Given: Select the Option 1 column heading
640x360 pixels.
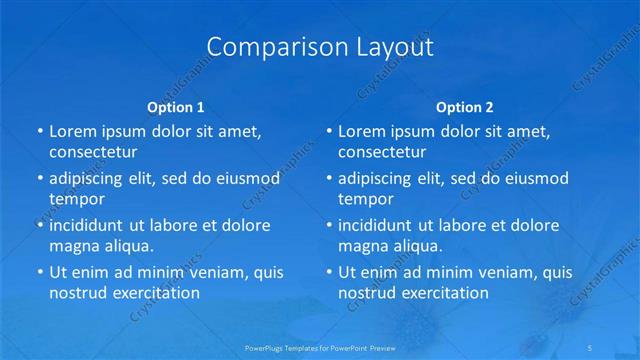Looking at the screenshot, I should pos(176,107).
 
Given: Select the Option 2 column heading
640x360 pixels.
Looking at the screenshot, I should pos(465,107).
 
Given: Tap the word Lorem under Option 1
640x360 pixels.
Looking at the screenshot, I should pos(73,131).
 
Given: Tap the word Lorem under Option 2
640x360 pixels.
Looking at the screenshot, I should pos(363,131).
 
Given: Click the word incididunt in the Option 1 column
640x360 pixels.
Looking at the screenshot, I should pos(93,225).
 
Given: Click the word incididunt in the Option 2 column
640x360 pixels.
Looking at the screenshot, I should pos(383,225).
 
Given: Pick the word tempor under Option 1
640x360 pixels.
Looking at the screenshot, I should pos(76,199).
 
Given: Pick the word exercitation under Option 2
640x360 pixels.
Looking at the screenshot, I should pos(441,293).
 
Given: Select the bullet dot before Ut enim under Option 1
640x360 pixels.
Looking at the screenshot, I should pos(38,272).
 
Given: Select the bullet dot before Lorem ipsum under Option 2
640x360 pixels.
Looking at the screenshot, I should pos(328,131).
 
